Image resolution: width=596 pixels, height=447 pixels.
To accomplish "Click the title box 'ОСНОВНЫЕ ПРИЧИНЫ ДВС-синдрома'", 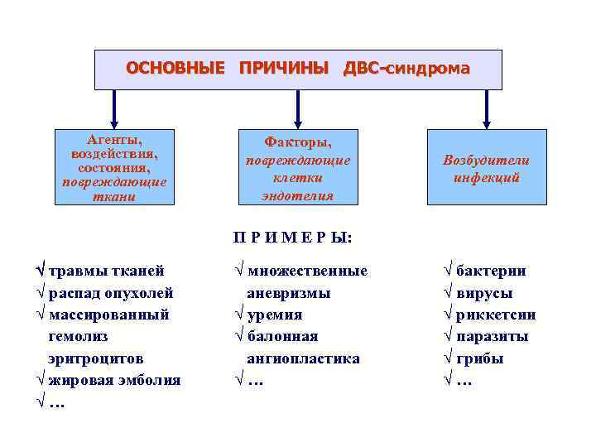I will tap(298, 69).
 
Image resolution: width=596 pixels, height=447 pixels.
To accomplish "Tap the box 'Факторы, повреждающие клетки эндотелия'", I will tap(298, 166).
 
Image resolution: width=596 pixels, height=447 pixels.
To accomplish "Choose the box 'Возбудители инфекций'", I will tap(487, 168).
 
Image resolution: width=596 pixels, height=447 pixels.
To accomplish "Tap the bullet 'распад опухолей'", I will tap(111, 293).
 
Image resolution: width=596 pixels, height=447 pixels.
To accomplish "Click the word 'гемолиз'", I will tap(78, 337).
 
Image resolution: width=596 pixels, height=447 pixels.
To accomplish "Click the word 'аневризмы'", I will tap(288, 293).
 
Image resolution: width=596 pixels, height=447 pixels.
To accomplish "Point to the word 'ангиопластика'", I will tap(303, 358).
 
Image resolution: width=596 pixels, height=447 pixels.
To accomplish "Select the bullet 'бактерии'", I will tap(491, 271).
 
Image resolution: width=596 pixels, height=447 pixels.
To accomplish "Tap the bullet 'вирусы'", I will tap(484, 293).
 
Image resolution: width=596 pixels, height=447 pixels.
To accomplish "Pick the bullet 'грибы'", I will tap(480, 358).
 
